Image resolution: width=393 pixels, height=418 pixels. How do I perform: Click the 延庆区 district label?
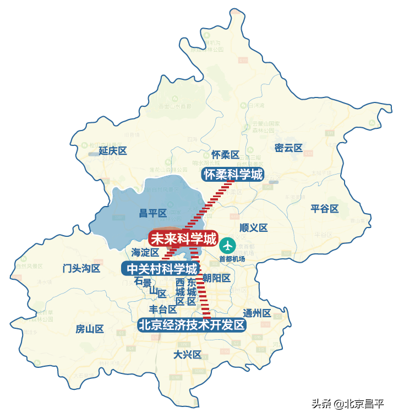coord(113,151)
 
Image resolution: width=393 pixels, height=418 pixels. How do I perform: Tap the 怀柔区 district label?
coord(225,155)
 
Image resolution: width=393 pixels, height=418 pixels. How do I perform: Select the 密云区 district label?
coord(288,148)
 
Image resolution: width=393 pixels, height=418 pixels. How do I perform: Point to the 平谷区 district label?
coord(324,209)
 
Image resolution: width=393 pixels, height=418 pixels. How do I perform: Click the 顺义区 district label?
coord(253,228)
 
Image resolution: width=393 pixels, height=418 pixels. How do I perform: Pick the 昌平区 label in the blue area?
coord(152,214)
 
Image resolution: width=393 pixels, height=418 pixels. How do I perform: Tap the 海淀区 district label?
coord(145,253)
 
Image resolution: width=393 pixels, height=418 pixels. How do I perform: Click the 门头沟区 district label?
coord(81,269)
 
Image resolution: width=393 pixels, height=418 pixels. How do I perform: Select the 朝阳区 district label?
coord(216,278)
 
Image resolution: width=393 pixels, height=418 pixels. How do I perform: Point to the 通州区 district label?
coord(257,313)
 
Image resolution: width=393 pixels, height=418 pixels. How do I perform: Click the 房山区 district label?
coord(90,329)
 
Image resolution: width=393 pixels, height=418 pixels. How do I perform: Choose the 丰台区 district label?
coord(163,310)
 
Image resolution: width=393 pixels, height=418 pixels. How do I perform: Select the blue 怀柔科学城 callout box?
coord(233,175)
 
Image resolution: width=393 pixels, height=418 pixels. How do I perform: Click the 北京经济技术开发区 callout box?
coord(192,325)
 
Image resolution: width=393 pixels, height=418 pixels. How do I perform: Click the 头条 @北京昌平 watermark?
coord(347,404)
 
